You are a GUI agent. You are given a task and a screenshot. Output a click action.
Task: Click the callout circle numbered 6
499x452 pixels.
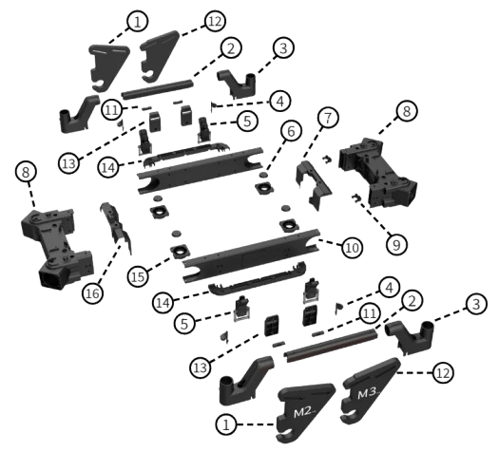point(291,131)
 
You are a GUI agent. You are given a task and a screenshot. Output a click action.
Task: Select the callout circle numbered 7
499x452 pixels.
point(328,118)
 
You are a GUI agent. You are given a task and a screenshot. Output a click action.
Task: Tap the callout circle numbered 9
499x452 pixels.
point(396,245)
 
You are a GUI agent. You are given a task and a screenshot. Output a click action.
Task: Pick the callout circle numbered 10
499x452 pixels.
point(352,247)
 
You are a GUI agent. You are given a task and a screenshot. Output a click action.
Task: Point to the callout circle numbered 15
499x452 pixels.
point(138,276)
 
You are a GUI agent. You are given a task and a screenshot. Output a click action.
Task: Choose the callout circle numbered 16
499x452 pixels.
point(92,293)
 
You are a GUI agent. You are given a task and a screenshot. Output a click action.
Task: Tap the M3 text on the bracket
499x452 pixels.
point(368,393)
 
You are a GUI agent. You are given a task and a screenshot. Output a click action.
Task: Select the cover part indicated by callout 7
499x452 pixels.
point(313,185)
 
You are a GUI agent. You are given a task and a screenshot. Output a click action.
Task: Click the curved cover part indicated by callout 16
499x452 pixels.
point(116,226)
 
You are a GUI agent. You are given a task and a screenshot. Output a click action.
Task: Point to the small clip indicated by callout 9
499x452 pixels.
point(357,198)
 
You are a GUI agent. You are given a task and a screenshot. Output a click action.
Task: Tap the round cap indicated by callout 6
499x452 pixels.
point(264,175)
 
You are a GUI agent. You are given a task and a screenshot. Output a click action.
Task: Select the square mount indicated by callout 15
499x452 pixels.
point(180,253)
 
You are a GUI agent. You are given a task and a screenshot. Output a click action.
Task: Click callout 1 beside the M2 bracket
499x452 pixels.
point(226,424)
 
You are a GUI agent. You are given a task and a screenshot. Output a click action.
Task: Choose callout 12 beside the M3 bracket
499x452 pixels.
point(443,372)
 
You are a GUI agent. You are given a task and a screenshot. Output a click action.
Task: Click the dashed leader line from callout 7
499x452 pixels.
point(314,142)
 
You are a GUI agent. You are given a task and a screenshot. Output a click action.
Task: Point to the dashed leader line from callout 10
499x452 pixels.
point(330,242)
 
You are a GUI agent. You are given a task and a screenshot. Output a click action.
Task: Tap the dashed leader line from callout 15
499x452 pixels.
point(160,265)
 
